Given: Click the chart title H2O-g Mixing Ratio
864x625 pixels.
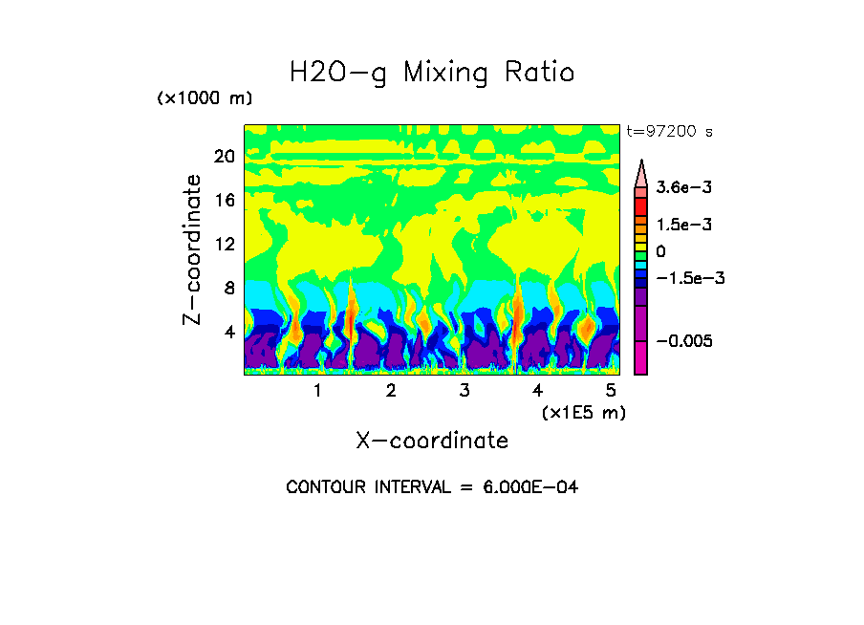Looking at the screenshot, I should (x=432, y=73).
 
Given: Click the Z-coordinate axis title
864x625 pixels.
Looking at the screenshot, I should (x=193, y=249).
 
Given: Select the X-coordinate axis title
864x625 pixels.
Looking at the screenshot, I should (x=432, y=441).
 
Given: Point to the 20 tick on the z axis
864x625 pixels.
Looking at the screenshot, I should (x=224, y=157).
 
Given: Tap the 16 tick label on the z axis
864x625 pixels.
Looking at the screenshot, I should (x=224, y=201).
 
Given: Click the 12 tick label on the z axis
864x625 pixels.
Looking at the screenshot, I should (x=224, y=245).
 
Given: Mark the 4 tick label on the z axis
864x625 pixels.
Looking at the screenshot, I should (x=229, y=333).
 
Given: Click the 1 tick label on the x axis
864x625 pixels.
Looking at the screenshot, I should (x=317, y=391).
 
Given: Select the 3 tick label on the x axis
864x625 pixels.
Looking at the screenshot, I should (x=464, y=391).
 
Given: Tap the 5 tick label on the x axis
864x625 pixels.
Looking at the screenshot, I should (x=611, y=391).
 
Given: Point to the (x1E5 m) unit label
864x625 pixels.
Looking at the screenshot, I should (x=583, y=412).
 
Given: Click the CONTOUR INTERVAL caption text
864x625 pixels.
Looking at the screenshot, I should (x=432, y=487).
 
